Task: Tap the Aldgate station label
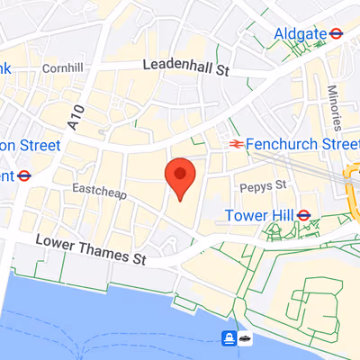click(300, 33)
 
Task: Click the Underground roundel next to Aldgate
click(336, 33)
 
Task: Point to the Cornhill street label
click(62, 67)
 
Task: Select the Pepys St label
click(262, 184)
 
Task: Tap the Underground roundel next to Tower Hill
click(304, 215)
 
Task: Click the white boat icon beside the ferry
click(246, 338)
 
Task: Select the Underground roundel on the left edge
click(23, 175)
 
